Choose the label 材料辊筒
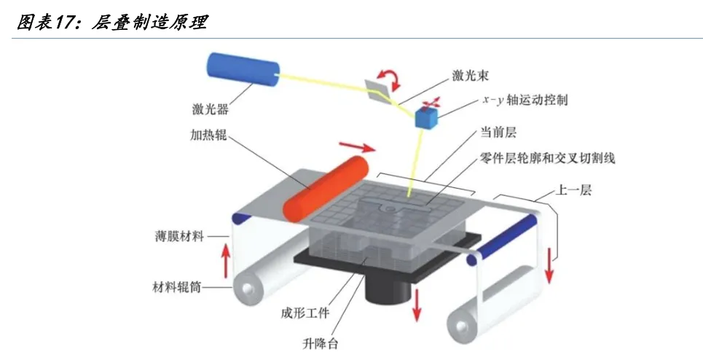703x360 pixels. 176,286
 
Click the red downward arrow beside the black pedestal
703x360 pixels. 417,304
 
